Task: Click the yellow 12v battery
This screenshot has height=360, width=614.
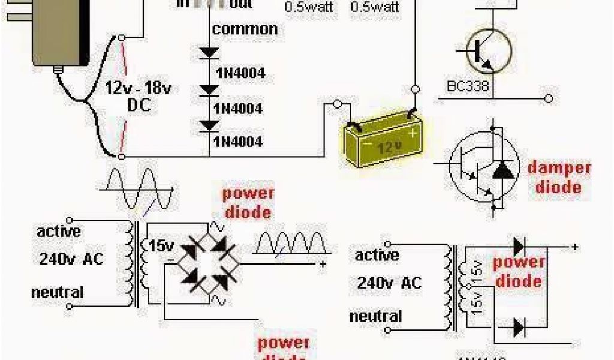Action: (383, 143)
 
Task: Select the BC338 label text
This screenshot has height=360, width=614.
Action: (468, 86)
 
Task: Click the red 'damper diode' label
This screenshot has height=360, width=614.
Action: (559, 177)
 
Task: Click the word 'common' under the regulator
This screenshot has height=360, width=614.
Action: (245, 29)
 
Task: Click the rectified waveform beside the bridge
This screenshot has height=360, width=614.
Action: (291, 244)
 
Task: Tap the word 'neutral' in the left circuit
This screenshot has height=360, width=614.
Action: (58, 293)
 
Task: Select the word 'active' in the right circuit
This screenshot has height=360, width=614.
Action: (377, 256)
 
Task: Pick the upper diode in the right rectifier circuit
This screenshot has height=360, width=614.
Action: (519, 246)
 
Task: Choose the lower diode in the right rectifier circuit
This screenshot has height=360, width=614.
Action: (519, 328)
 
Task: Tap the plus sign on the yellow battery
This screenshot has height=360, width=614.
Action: (412, 131)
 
